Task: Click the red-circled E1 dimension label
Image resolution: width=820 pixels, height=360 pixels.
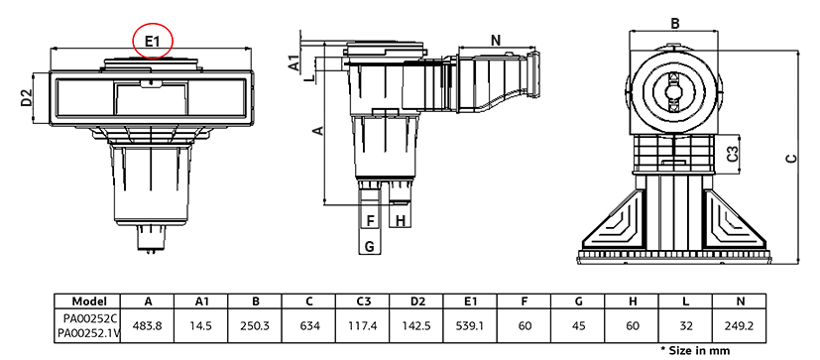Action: (x=152, y=41)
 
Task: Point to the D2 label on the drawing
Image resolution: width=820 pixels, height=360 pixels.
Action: (x=27, y=98)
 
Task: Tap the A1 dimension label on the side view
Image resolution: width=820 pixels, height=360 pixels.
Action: (x=294, y=62)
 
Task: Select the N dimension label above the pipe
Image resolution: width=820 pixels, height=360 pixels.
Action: (x=497, y=40)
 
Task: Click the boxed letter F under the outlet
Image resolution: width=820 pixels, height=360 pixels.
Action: (x=371, y=221)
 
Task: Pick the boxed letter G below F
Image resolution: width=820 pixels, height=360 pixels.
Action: (x=369, y=246)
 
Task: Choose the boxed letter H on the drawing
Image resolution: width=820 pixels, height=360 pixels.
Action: (x=401, y=221)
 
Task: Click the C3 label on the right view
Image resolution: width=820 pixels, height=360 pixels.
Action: (x=734, y=154)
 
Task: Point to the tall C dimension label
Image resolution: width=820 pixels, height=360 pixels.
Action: (x=793, y=158)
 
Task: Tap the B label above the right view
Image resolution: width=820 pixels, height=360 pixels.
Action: (x=675, y=24)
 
